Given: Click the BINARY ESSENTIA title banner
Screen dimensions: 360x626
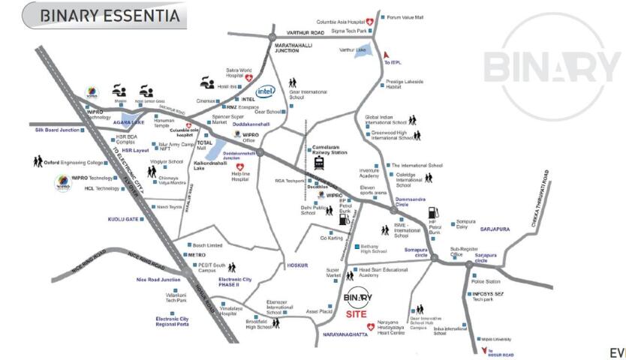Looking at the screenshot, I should (x=104, y=15).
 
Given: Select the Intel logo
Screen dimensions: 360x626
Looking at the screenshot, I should (x=266, y=91).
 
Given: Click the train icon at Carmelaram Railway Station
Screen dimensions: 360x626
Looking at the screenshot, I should (x=319, y=164).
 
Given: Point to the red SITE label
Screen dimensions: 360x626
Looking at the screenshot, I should (x=357, y=313).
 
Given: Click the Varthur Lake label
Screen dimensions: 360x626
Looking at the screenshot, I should (x=353, y=50).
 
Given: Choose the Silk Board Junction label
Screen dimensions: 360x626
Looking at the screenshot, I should (x=57, y=130).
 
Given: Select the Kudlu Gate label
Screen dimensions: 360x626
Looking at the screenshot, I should (x=125, y=219).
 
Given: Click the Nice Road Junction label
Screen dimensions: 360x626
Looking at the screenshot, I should (x=158, y=280).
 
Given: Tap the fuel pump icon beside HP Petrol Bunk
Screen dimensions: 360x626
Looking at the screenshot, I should (x=433, y=212).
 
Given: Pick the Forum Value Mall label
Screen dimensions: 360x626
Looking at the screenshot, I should (x=404, y=16).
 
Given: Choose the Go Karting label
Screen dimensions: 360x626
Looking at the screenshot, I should (x=331, y=238).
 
